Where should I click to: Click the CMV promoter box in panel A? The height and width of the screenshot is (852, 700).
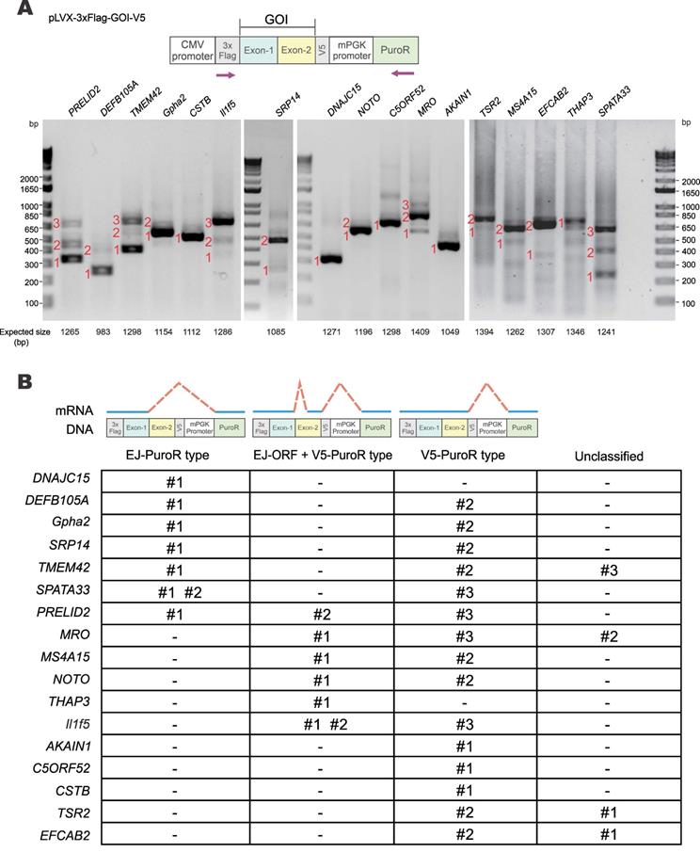(192, 50)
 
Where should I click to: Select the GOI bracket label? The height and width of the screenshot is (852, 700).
(277, 19)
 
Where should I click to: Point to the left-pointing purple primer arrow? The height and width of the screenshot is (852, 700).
(402, 72)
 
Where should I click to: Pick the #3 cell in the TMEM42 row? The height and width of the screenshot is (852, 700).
(608, 570)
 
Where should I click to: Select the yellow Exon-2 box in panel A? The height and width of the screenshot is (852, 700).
(296, 50)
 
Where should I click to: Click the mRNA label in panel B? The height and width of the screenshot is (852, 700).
(74, 410)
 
